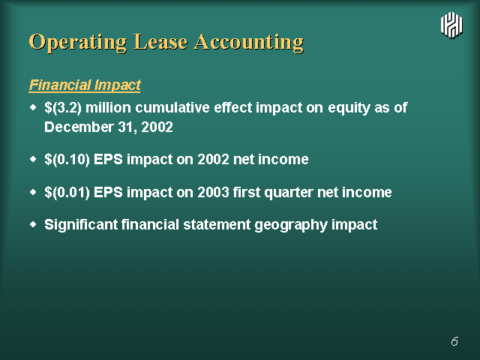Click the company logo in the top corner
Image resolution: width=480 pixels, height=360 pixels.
[451, 25]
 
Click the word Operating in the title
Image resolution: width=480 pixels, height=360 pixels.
[78, 42]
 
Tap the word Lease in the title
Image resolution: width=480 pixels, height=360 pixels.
[160, 42]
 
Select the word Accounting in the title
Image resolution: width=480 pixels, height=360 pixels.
[249, 42]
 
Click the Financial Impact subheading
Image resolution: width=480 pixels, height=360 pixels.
[85, 85]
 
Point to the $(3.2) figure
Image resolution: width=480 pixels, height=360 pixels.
[63, 108]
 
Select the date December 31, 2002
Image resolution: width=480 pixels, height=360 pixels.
[109, 127]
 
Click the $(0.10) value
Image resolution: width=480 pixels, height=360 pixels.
[67, 160]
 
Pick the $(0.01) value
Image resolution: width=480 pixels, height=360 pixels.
[67, 193]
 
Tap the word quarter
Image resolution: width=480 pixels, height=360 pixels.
[289, 193]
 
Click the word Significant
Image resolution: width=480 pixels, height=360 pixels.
[81, 225]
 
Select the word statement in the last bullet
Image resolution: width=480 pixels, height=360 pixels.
[217, 225]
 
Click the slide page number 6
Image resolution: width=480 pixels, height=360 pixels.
[454, 341]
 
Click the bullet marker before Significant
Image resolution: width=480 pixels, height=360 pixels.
[33, 224]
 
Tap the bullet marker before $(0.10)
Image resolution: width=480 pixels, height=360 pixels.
[33, 159]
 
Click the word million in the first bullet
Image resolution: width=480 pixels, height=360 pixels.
[108, 107]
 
